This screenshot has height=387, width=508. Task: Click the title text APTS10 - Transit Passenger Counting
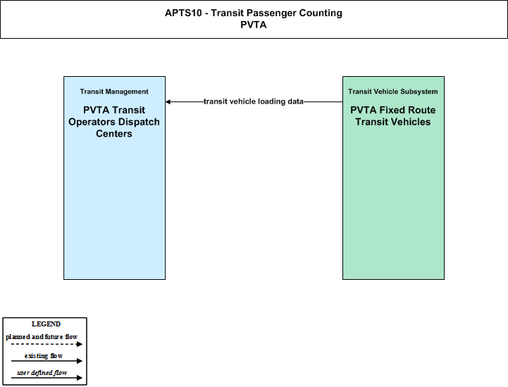(254, 13)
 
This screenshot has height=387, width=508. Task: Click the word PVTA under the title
(254, 25)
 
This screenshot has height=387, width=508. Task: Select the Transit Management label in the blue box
(114, 92)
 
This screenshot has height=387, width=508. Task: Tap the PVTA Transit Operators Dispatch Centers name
(114, 122)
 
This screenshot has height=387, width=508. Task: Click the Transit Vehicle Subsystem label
(393, 92)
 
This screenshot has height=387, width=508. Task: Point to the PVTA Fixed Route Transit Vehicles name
(393, 116)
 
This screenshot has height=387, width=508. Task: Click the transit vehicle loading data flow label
(254, 102)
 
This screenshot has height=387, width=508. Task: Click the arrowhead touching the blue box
(168, 102)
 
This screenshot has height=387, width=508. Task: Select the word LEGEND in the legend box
(46, 324)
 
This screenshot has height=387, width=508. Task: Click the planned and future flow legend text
(42, 337)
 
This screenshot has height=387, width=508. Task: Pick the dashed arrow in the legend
(47, 344)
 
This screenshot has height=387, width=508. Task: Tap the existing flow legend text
(44, 356)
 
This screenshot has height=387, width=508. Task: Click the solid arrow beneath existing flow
(47, 361)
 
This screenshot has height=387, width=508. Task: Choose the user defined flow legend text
(42, 373)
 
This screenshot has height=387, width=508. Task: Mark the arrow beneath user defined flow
(47, 378)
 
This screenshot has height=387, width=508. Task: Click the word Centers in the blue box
(114, 133)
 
